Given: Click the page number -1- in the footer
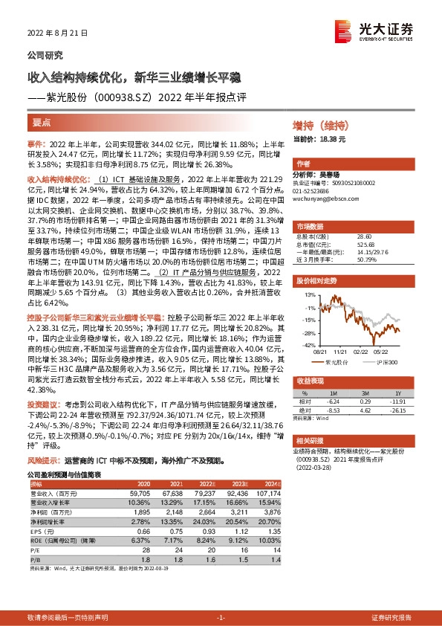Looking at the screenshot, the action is pos(220,617).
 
